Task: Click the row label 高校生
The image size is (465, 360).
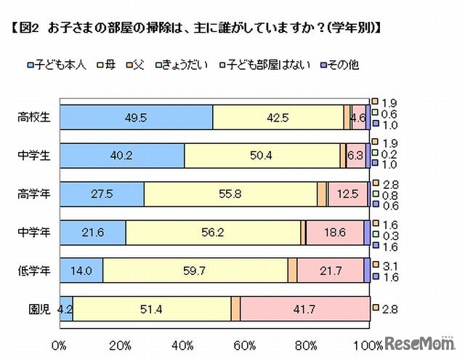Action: [x=36, y=117]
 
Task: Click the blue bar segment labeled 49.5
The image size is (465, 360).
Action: [x=136, y=117]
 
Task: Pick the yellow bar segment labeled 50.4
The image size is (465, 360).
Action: [x=262, y=156]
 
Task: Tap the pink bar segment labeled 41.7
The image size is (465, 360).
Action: [x=304, y=309]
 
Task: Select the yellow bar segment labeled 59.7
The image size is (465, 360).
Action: [x=195, y=271]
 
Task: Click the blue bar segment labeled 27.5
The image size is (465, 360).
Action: [x=102, y=194]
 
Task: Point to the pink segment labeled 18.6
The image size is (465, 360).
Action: [x=334, y=233]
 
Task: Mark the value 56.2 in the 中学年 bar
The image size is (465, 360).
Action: [x=214, y=233]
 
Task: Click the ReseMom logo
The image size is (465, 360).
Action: [x=420, y=342]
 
